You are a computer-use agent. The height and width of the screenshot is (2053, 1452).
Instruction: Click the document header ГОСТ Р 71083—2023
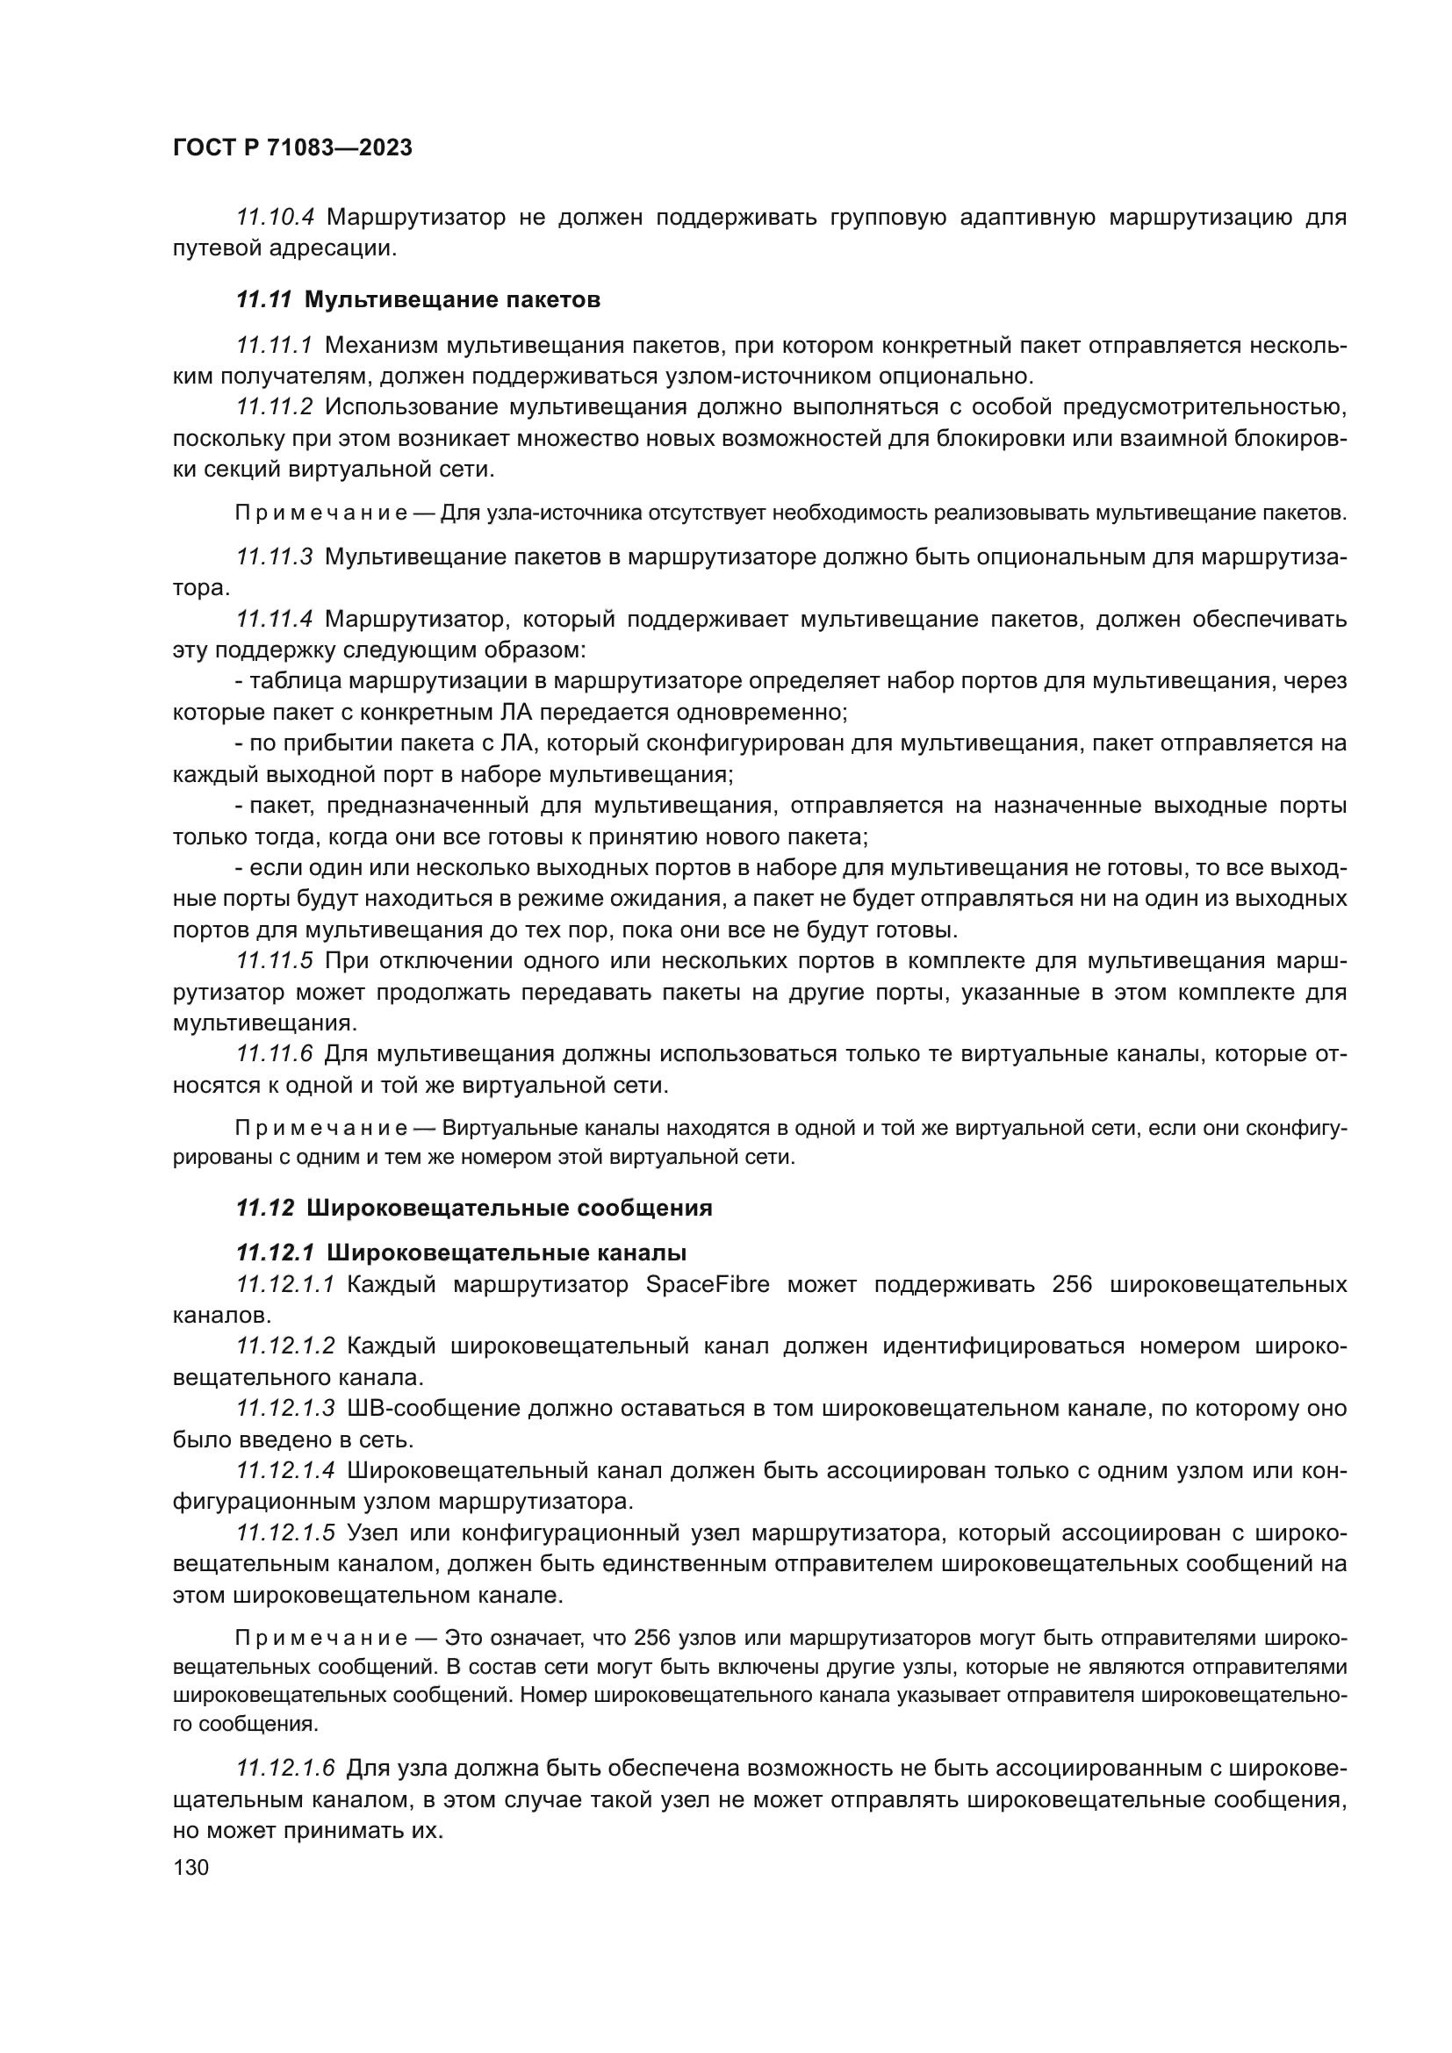tap(292, 148)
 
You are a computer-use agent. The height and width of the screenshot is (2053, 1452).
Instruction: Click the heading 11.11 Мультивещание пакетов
tap(418, 300)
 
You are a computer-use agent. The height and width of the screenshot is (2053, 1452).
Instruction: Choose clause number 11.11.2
tap(274, 408)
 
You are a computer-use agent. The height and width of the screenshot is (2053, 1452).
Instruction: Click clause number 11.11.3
tap(274, 557)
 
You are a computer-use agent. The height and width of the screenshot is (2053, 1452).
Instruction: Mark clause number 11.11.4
tap(274, 619)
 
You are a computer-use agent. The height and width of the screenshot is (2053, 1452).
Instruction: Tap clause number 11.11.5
tap(274, 961)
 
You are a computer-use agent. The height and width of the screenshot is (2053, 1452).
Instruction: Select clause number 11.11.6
tap(274, 1054)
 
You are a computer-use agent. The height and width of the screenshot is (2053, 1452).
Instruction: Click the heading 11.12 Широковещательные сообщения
tap(474, 1208)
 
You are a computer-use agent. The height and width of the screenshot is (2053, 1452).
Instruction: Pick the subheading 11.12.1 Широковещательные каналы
tap(462, 1253)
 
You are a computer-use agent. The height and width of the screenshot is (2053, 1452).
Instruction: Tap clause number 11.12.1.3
tap(285, 1408)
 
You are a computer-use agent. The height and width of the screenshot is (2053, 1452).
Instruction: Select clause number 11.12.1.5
tap(285, 1533)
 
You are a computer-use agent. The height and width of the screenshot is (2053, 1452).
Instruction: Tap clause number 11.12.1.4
tap(285, 1470)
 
